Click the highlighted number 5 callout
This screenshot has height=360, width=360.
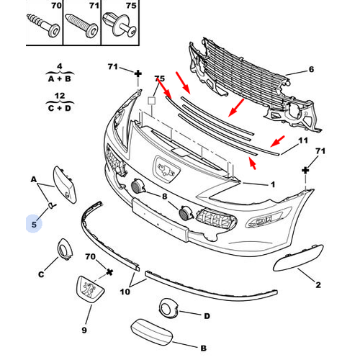pyautogui.click(x=34, y=225)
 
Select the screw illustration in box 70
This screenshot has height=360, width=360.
pyautogui.click(x=43, y=26)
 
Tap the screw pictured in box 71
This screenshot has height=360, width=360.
pyautogui.click(x=81, y=25)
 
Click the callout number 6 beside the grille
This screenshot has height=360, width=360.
pyautogui.click(x=311, y=69)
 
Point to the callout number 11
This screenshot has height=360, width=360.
pyautogui.click(x=303, y=140)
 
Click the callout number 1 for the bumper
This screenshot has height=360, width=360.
pyautogui.click(x=273, y=184)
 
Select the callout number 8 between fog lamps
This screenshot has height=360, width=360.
pyautogui.click(x=164, y=197)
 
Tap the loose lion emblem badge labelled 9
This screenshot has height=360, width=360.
pyautogui.click(x=90, y=289)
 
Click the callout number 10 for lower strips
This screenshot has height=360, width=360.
pyautogui.click(x=125, y=292)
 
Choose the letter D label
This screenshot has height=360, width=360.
pyautogui.click(x=207, y=316)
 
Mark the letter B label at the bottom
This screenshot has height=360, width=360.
pyautogui.click(x=203, y=348)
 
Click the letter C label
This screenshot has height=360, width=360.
pyautogui.click(x=41, y=274)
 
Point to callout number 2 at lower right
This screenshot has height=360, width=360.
pyautogui.click(x=318, y=284)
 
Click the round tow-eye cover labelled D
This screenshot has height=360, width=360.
pyautogui.click(x=168, y=308)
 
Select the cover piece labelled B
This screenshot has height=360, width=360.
pyautogui.click(x=152, y=332)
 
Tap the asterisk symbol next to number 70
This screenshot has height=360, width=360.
pyautogui.click(x=109, y=272)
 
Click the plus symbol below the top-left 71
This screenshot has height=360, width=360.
pyautogui.click(x=138, y=73)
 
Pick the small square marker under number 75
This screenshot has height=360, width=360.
pyautogui.click(x=151, y=100)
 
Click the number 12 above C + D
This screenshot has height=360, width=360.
pyautogui.click(x=60, y=96)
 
